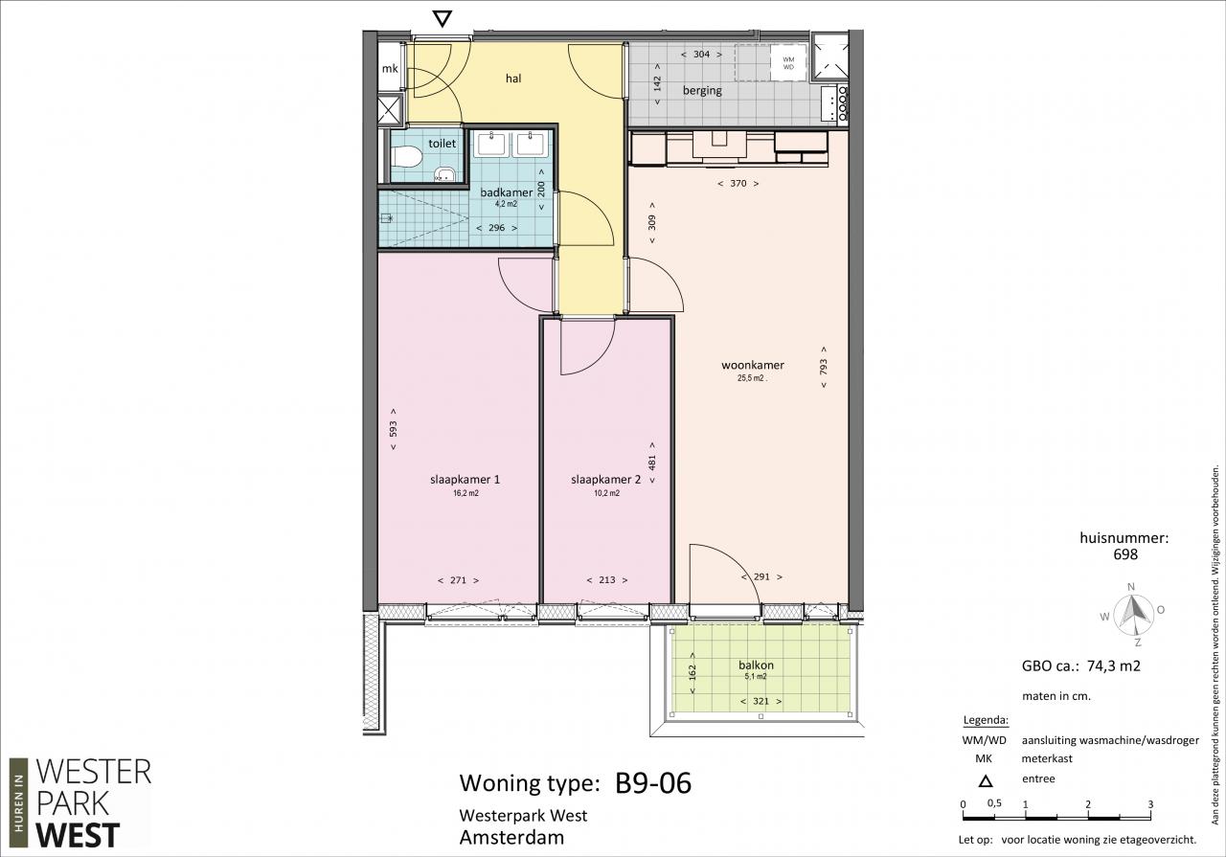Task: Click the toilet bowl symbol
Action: [x=407, y=157]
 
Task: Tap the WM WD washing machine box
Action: [x=788, y=63]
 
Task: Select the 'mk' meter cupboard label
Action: [x=390, y=68]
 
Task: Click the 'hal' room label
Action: [x=513, y=79]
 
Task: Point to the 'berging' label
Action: [x=702, y=90]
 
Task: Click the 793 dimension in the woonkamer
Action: [x=824, y=367]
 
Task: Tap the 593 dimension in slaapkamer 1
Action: [x=393, y=429]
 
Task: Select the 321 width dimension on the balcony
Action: [x=761, y=701]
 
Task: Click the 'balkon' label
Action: [x=756, y=665]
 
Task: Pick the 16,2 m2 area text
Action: [x=465, y=493]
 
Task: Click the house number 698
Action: [x=1125, y=554]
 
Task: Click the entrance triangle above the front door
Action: [x=443, y=19]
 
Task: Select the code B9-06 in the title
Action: [x=653, y=783]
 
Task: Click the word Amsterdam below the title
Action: [x=511, y=838]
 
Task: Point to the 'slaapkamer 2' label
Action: [x=606, y=480]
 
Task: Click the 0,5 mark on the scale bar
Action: [x=994, y=802]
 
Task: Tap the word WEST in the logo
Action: [x=79, y=835]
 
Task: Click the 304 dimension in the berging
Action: [x=702, y=55]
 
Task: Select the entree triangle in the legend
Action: [x=986, y=781]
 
